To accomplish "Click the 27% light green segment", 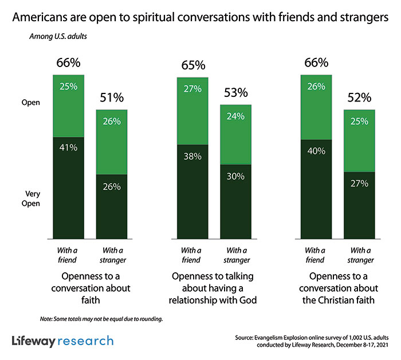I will click(192, 111).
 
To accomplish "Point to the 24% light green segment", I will click(237, 135).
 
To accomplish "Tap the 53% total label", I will click(236, 93).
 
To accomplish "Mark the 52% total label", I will click(360, 97).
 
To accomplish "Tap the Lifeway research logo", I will click(62, 341).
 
